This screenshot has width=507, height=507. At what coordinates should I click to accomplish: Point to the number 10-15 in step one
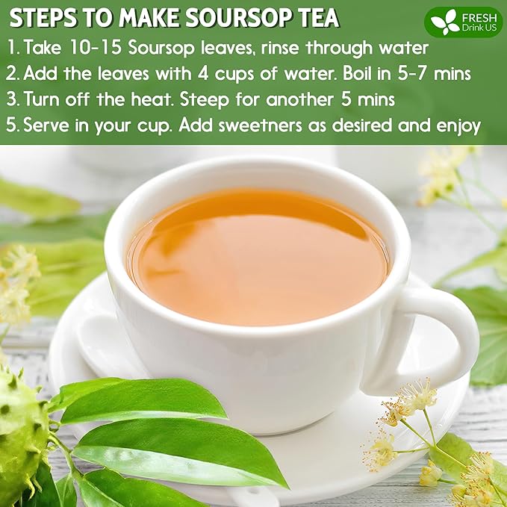click(x=93, y=49)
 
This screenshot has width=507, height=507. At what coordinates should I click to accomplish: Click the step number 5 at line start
click(x=11, y=124)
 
